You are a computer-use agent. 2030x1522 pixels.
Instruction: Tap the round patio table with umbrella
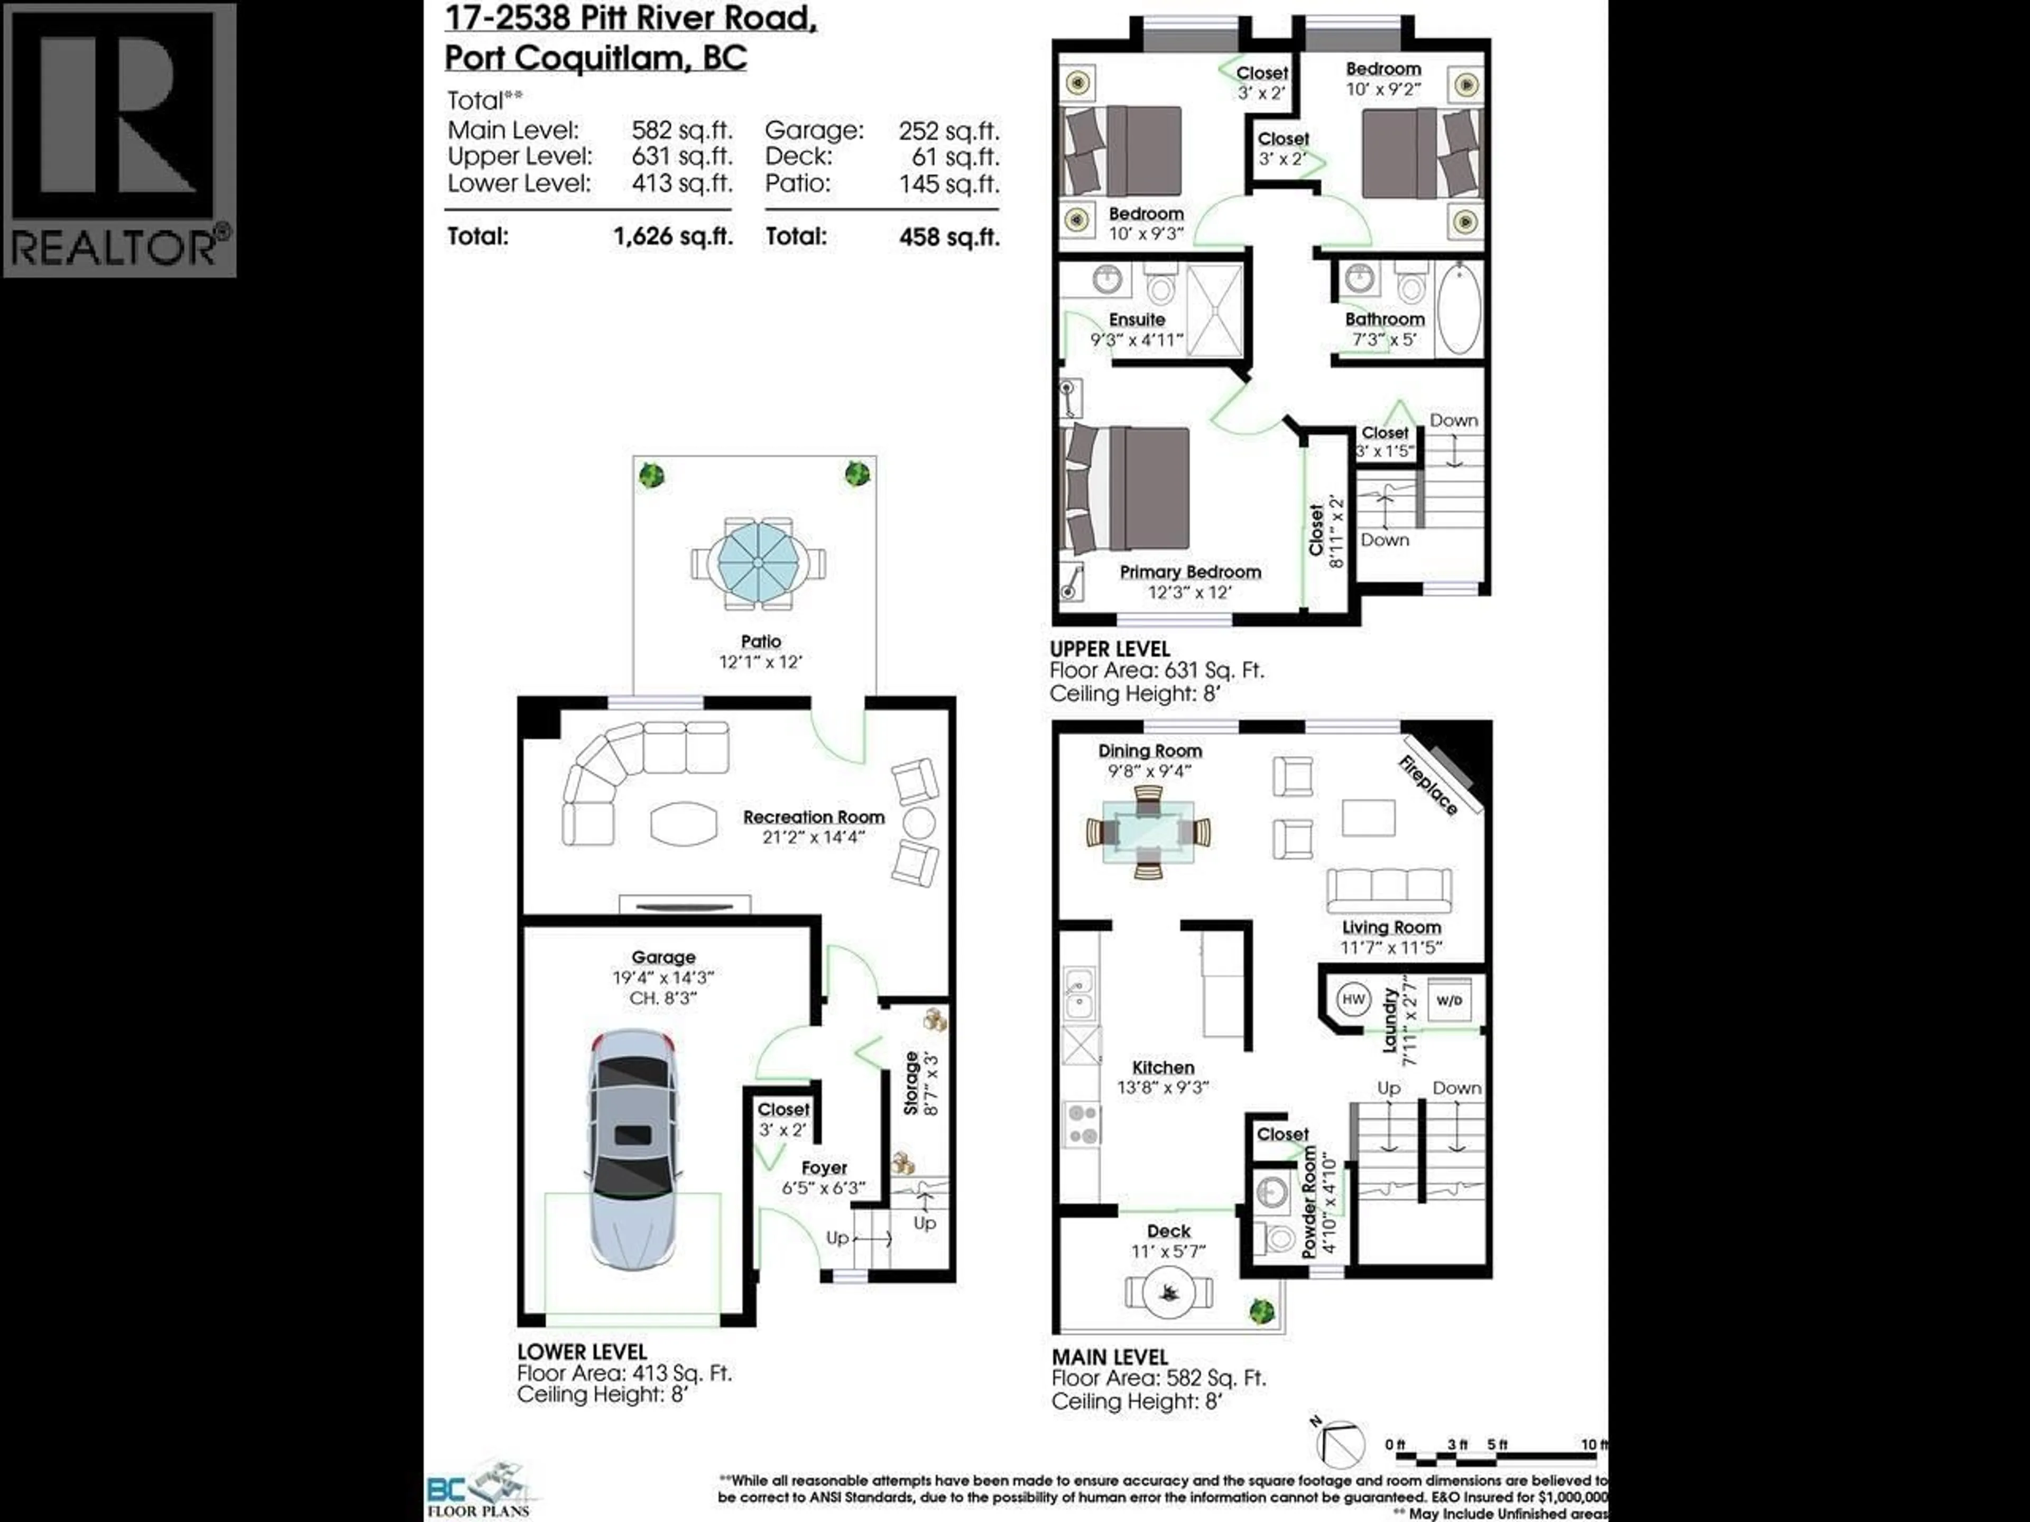(x=758, y=561)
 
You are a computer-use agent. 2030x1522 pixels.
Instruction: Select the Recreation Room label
(x=813, y=816)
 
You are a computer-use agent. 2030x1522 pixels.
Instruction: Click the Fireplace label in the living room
(x=1428, y=785)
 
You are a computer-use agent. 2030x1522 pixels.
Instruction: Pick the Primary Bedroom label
(x=1191, y=572)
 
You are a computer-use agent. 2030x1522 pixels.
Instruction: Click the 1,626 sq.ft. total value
(x=672, y=237)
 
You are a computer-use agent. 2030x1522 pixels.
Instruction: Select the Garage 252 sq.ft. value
(x=949, y=131)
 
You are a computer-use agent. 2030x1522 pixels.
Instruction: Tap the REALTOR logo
(x=119, y=140)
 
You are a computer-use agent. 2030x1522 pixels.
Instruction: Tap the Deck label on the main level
(x=1168, y=1231)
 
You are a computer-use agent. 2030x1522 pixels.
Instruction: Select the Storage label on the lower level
(x=911, y=1083)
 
